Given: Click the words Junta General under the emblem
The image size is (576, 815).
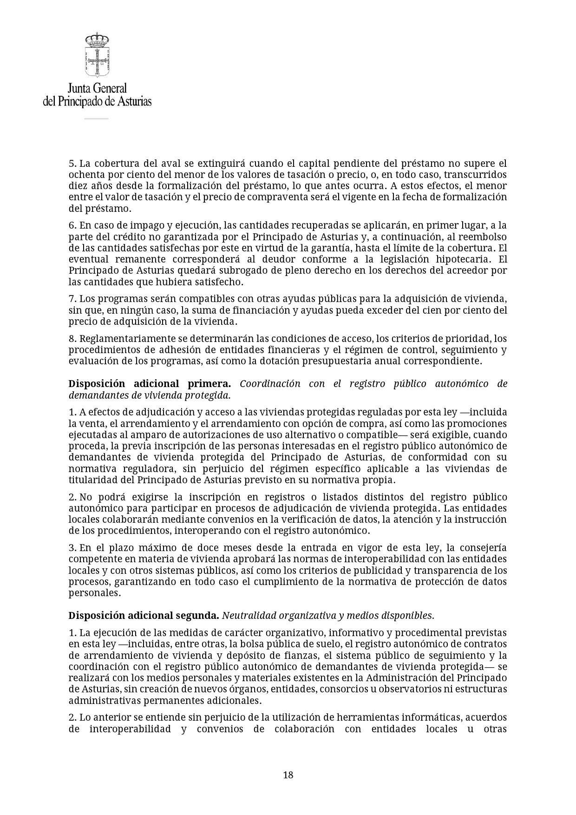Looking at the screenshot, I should [x=97, y=88].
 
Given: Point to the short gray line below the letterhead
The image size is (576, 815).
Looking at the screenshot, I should [x=96, y=118].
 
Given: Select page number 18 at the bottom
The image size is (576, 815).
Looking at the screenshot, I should [x=288, y=775].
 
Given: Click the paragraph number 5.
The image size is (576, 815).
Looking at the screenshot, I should [x=72, y=164].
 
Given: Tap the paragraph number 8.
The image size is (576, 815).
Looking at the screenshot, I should [x=72, y=338].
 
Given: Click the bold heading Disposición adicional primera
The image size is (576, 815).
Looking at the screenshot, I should [x=150, y=384].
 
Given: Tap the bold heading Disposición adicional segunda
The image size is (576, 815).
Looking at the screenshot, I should [x=144, y=616].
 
